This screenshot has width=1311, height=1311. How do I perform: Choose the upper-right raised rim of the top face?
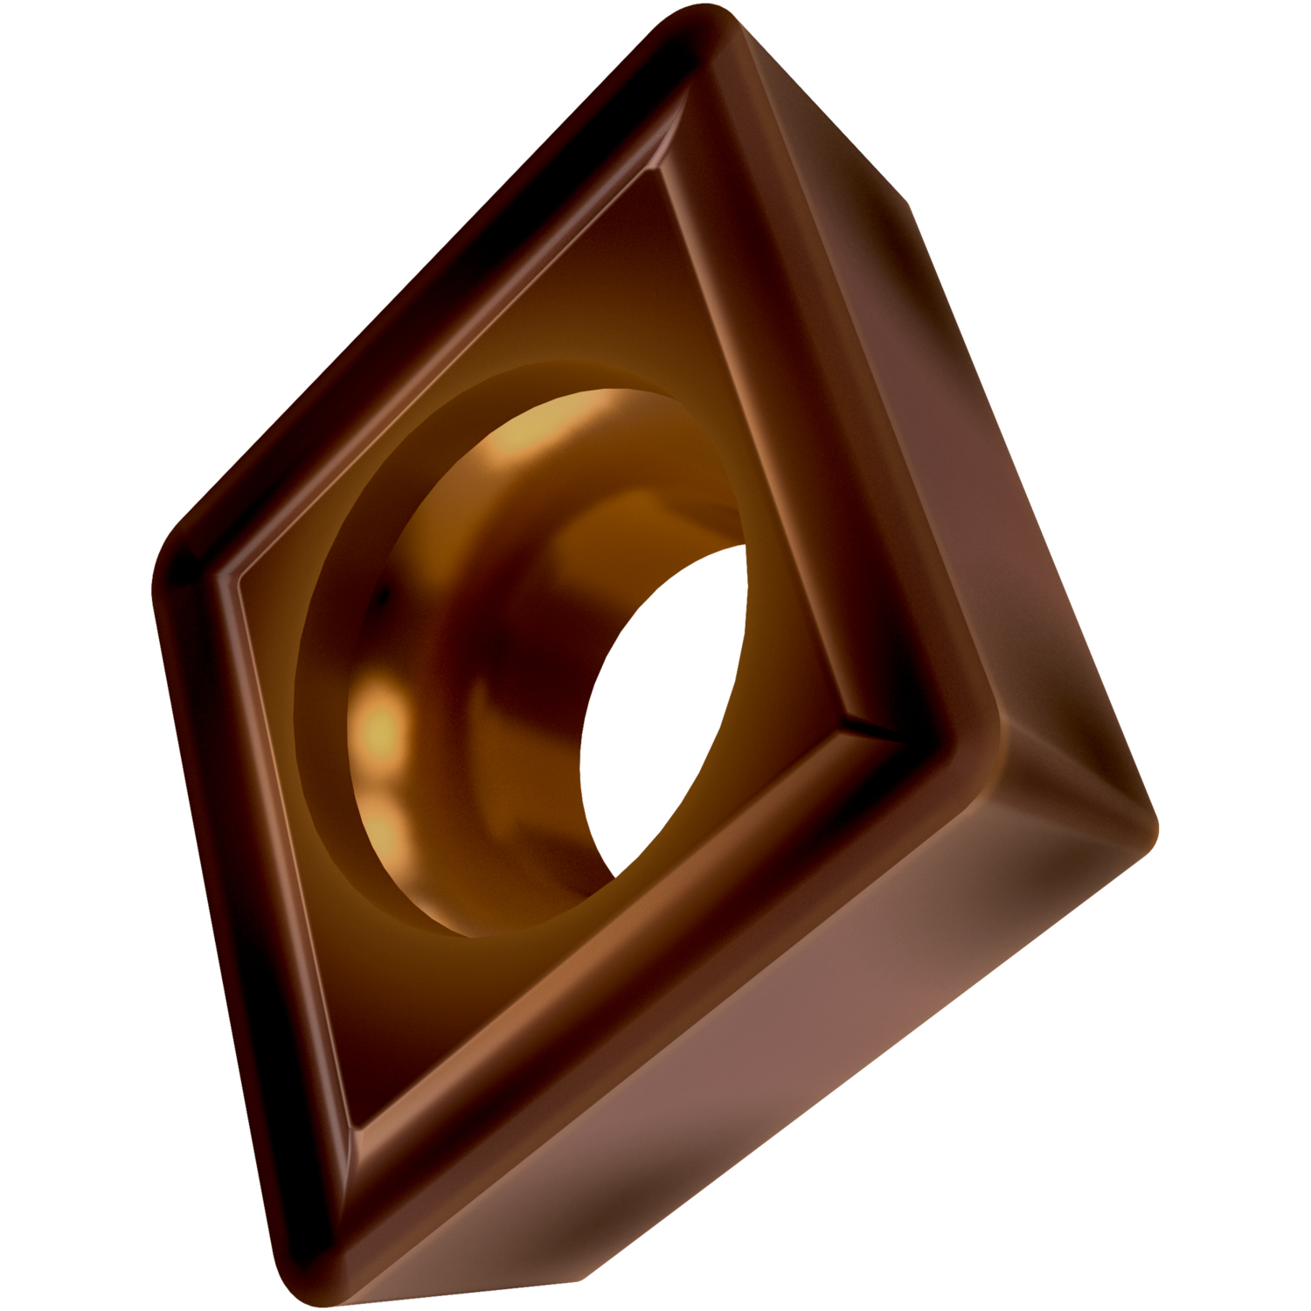pyautogui.click(x=787, y=393)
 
